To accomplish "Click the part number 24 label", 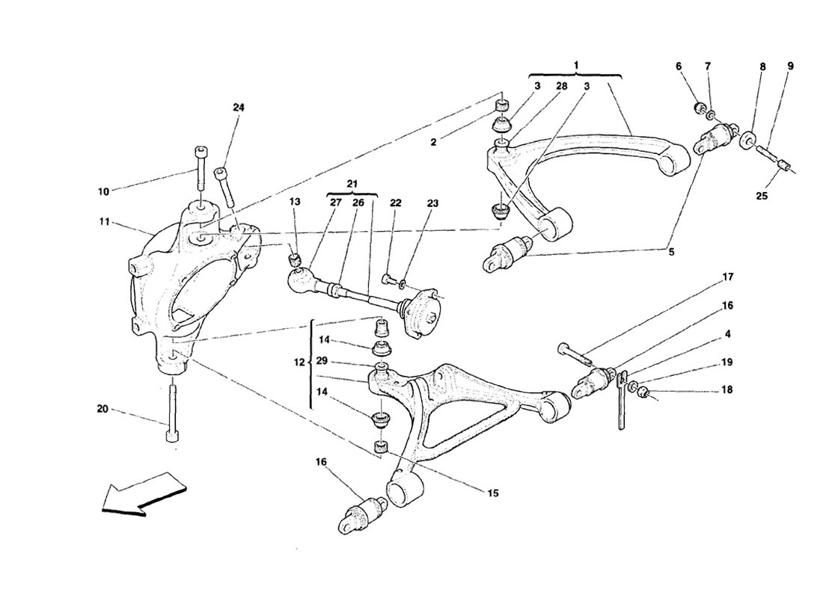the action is pos(238,108).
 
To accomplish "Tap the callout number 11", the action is pos(105,222).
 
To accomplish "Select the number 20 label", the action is pos(103,409).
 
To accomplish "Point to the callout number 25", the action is pos(762,196).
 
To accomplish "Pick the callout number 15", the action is pos(493,493).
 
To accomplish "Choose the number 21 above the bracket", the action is pos(352,184).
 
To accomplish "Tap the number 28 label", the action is pos(561,86).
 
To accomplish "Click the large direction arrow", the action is pos(144,492).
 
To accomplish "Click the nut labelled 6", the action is pos(699,108).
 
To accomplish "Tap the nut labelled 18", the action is pos(645,391).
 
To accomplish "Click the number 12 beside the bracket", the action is pos(299,363).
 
